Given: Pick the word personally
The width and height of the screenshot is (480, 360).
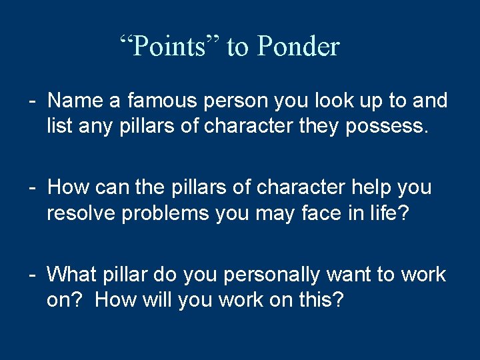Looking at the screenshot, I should point(283,274).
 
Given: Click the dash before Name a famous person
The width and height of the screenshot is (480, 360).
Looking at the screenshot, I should point(32,101).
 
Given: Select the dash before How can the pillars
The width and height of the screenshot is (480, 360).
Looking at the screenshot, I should point(32,188).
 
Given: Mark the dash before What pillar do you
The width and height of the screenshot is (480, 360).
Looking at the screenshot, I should point(32,275).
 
